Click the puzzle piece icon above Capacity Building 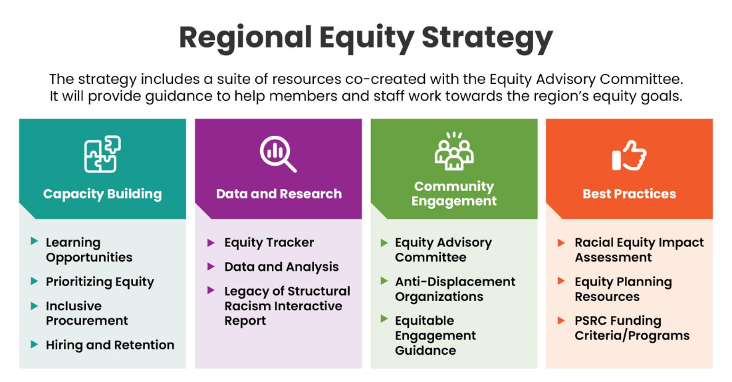coord(102,154)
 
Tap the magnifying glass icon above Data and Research coord(278,154)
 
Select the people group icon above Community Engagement coord(454,151)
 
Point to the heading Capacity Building coord(102,194)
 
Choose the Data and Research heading coord(279,194)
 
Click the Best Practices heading coord(629,194)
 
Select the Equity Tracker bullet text coord(269,242)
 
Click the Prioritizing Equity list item coord(100,282)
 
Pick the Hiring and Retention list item coord(110,345)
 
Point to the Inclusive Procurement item coord(86,313)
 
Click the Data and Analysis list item coord(281,267)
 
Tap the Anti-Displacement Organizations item coord(455,289)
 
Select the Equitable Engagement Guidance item coord(435,335)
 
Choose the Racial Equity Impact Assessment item coord(639,250)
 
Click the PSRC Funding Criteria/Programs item coord(632,328)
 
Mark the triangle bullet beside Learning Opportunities coord(35,242)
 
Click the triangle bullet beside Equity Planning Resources coord(562,282)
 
